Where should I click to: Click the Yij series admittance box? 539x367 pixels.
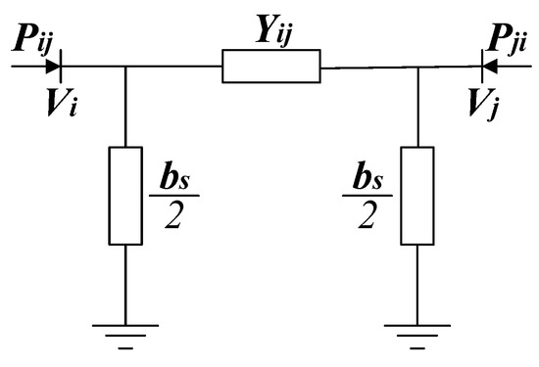click(270, 67)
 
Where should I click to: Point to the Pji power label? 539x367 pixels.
click(507, 44)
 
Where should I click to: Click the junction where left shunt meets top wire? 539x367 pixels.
click(124, 68)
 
